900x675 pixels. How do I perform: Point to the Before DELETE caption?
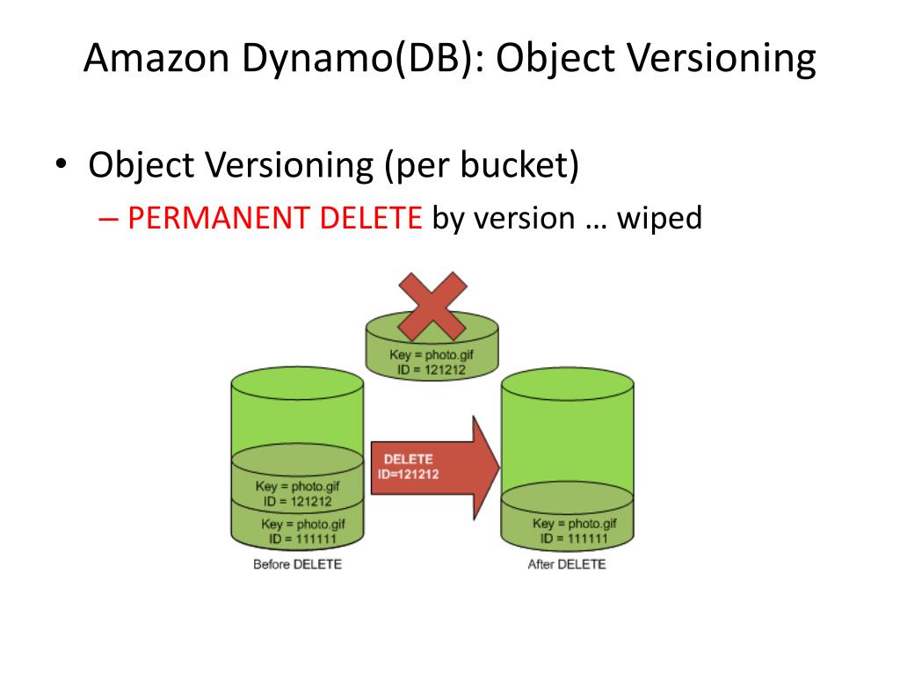[297, 564]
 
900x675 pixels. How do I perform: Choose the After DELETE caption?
[567, 564]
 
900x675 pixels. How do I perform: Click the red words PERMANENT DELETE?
[275, 218]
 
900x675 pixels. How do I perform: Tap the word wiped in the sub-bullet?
[659, 218]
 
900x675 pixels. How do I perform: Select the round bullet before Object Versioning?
[61, 165]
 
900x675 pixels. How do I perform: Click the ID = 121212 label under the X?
[431, 370]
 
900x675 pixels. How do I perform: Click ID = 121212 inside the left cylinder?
[298, 501]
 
